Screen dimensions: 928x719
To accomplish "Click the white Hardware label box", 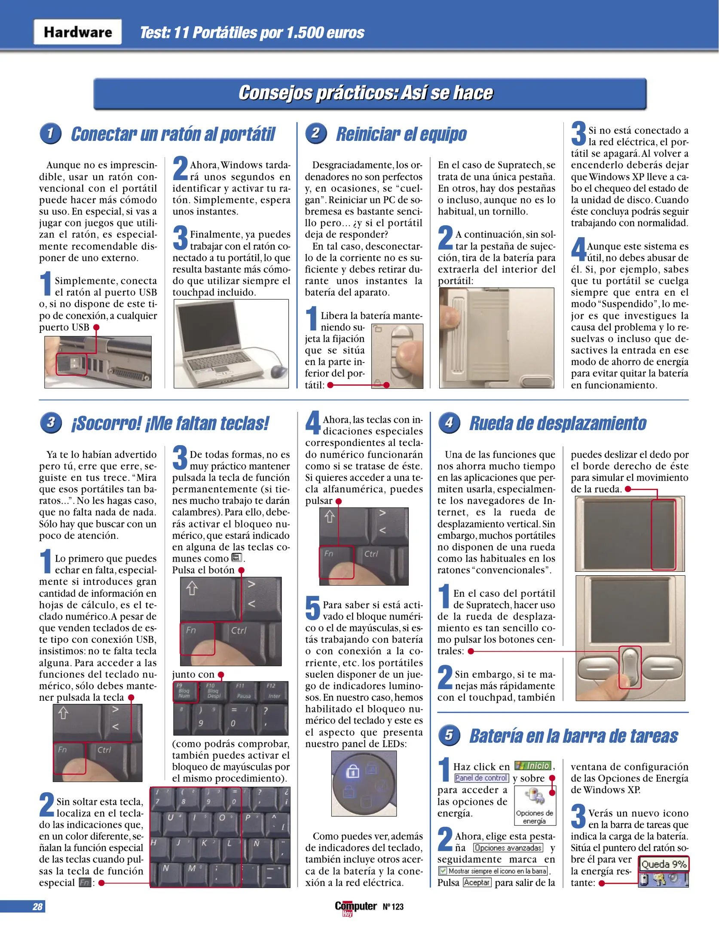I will click(78, 32).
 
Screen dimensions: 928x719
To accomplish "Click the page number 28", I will click(37, 907).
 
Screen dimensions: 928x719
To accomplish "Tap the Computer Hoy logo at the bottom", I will click(355, 907).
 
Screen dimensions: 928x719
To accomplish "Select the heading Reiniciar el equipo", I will click(401, 134).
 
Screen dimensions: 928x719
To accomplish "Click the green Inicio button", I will click(533, 766).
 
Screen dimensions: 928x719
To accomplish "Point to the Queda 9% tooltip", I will click(663, 864).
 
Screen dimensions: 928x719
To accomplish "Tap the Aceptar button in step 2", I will click(477, 882).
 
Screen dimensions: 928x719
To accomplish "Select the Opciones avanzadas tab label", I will click(508, 848).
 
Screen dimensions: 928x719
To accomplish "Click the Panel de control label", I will click(481, 778).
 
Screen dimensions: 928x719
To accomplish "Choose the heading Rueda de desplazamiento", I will click(557, 423).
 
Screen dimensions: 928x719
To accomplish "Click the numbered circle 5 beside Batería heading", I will click(449, 735).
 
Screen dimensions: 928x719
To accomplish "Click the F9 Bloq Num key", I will click(185, 692).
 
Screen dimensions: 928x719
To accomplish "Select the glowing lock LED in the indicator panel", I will click(352, 772).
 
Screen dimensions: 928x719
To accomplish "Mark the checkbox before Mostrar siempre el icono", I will click(443, 871).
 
